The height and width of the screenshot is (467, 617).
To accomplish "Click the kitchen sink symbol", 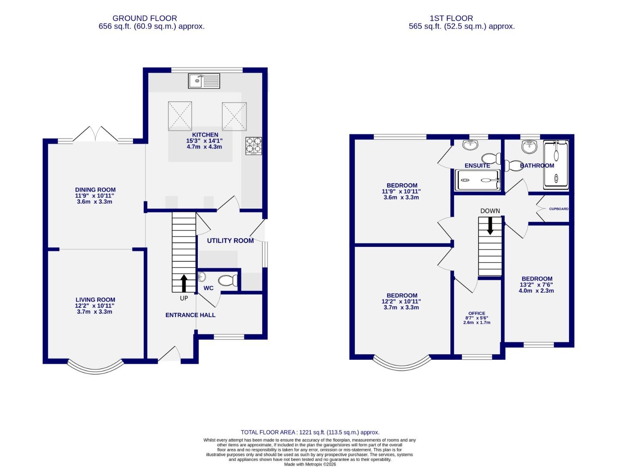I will click(x=204, y=80).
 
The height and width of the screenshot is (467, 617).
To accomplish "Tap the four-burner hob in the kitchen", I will click(x=254, y=146).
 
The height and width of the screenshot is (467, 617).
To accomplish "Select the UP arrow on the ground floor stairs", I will click(x=184, y=284).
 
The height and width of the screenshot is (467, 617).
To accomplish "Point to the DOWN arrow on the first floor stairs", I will click(x=490, y=226).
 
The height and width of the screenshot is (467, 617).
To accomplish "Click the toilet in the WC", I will click(x=228, y=281).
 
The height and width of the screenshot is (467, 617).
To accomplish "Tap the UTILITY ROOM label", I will click(x=230, y=240).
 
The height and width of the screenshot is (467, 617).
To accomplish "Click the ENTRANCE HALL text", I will click(x=190, y=315).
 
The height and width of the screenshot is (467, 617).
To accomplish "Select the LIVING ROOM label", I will click(x=95, y=300).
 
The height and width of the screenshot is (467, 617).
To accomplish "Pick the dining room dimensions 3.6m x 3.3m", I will click(x=95, y=202).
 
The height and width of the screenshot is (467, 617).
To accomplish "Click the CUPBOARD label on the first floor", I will click(x=559, y=209).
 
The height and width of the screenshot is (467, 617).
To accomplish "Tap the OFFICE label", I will click(x=477, y=313).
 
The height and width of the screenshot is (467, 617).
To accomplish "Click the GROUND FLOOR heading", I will click(x=145, y=18).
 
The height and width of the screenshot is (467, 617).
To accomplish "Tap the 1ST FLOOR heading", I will click(x=451, y=18).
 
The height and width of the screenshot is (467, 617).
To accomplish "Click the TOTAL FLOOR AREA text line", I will click(x=310, y=432).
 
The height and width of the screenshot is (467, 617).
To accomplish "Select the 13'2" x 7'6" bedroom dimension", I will click(x=536, y=285).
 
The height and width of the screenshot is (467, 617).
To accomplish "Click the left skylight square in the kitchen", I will click(x=180, y=116).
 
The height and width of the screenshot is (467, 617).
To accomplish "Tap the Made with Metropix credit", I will click(x=310, y=464).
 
